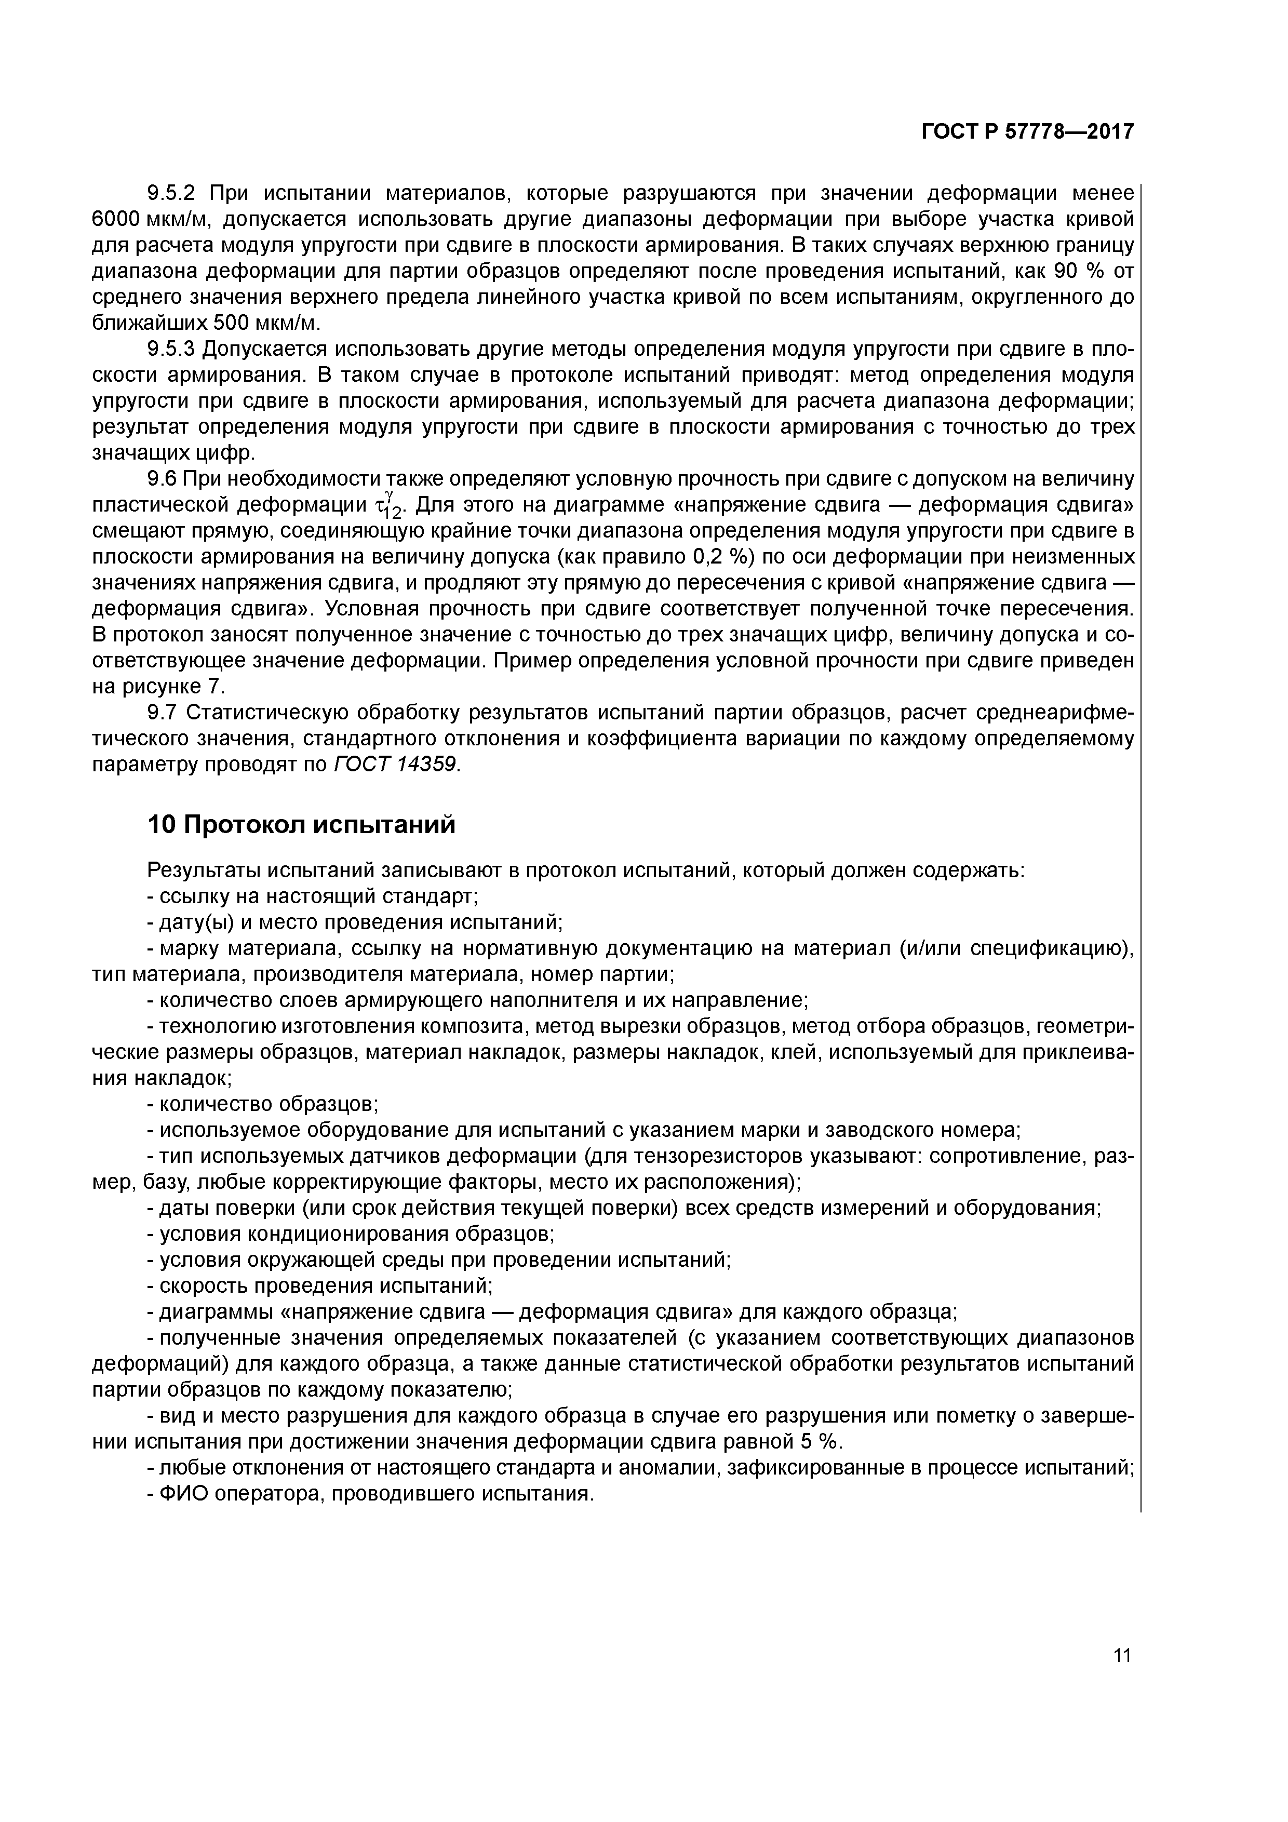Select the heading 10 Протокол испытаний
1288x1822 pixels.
point(302,825)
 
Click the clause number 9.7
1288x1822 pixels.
point(164,713)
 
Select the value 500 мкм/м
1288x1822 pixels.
point(266,323)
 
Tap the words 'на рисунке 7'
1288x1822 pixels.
point(159,686)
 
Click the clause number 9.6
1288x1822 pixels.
point(164,479)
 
